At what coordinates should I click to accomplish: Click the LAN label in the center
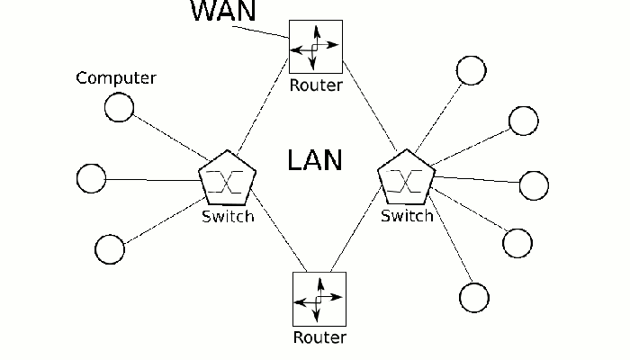[x=315, y=160]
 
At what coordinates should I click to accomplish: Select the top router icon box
[x=316, y=46]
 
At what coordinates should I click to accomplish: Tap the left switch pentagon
[x=228, y=180]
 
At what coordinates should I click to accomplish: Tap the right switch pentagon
[x=407, y=180]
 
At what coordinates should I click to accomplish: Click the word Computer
[x=115, y=78]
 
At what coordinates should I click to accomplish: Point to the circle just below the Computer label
[x=119, y=108]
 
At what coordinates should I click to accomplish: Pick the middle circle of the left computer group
[x=91, y=178]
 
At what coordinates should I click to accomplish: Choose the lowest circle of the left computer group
[x=109, y=248]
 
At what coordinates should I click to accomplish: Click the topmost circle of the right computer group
[x=471, y=70]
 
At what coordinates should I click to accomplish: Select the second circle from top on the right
[x=524, y=120]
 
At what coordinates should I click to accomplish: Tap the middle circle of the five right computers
[x=534, y=184]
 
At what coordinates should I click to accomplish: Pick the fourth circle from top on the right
[x=517, y=242]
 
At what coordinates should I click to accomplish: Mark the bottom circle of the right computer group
[x=473, y=296]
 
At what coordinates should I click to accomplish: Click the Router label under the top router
[x=316, y=86]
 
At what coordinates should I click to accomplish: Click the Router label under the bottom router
[x=319, y=338]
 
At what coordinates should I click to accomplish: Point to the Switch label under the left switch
[x=228, y=217]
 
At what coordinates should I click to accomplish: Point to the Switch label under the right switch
[x=407, y=217]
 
